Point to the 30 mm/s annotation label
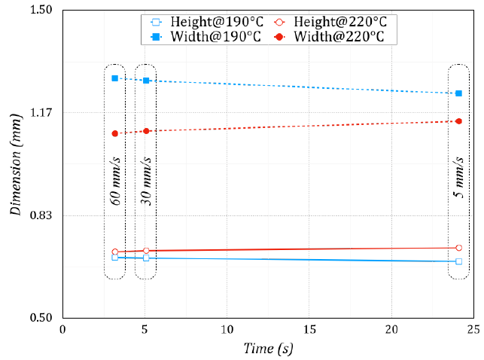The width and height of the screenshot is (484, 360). coord(146,182)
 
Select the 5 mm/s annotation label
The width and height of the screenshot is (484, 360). coord(458,182)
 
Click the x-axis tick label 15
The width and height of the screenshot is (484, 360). coord(309,330)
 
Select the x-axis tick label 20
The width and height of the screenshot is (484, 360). coord(391,330)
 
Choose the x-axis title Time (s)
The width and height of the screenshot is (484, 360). coord(268,349)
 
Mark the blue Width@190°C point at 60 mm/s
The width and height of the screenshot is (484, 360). coord(115,78)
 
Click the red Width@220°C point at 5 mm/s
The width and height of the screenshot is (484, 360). coord(458,121)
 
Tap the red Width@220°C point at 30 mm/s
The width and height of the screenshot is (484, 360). coord(146,131)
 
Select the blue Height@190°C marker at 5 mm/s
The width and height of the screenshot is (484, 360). coord(458,261)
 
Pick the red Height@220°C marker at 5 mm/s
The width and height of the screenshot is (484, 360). coord(458,248)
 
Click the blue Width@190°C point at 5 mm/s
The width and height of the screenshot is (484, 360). coord(458,93)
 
